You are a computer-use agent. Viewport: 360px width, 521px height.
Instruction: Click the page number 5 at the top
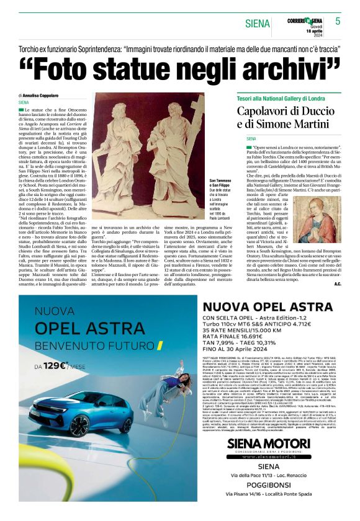click(338, 21)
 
